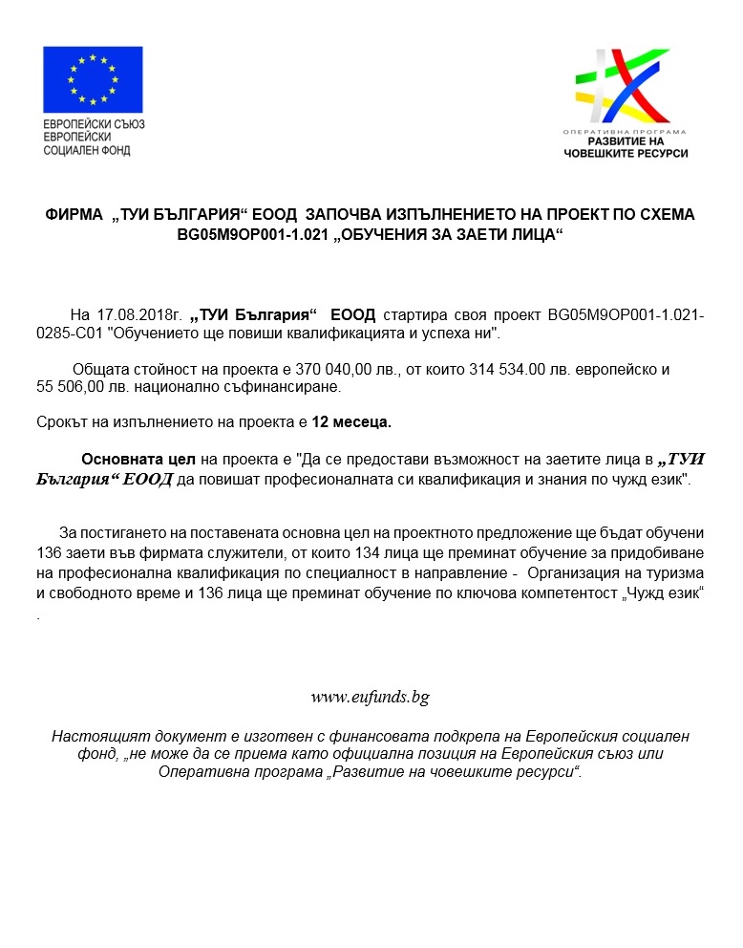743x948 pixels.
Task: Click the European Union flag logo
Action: [93, 79]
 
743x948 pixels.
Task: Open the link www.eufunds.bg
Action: [371, 697]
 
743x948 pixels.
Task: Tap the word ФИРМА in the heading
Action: [74, 216]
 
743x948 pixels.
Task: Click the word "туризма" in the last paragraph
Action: [676, 573]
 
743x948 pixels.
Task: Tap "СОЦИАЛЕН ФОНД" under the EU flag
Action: [87, 150]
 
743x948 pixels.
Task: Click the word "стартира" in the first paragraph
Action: [411, 316]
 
